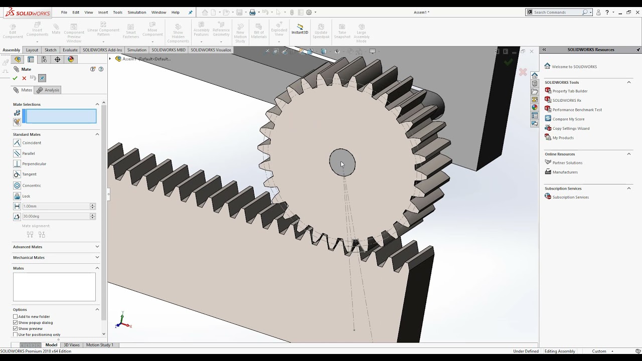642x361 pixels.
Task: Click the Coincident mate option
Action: click(31, 143)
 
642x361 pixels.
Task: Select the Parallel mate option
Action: click(28, 153)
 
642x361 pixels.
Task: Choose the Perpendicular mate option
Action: click(34, 164)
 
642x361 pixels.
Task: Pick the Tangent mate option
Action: click(29, 174)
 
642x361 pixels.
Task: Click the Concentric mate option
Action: click(31, 186)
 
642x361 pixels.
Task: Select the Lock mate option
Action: click(26, 196)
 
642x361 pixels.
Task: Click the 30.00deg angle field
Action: click(56, 217)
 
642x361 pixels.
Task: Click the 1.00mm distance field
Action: click(56, 206)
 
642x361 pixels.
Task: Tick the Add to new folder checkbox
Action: click(16, 317)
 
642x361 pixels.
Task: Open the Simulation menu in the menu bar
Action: click(136, 12)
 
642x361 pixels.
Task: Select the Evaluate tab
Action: click(70, 50)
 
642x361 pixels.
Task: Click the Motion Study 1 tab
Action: click(99, 345)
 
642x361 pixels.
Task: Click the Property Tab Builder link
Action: click(570, 91)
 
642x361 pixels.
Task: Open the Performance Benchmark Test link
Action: click(577, 110)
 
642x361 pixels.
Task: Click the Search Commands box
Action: click(557, 12)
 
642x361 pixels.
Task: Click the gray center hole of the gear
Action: click(342, 162)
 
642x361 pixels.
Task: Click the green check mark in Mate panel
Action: click(15, 78)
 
